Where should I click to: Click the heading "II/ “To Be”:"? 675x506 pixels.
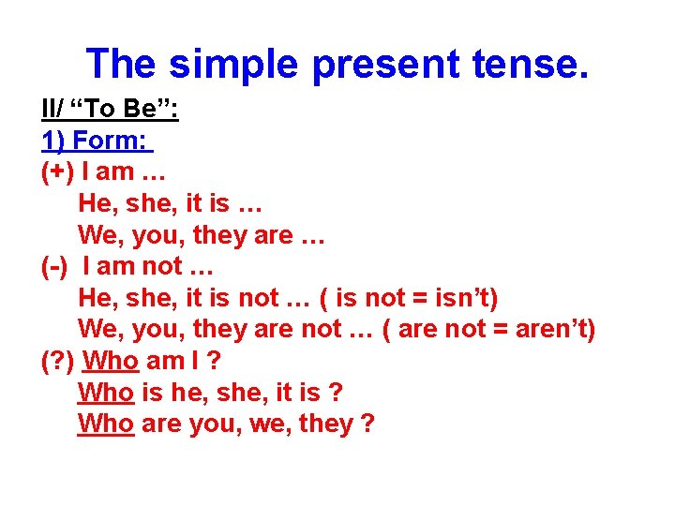tap(111, 110)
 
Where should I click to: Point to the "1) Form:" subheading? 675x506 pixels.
tap(96, 141)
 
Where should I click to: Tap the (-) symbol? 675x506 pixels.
tap(54, 266)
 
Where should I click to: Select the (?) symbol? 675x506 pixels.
tap(56, 361)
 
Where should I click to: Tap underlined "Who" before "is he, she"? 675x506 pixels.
tap(106, 393)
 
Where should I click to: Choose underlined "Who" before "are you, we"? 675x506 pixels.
tap(106, 424)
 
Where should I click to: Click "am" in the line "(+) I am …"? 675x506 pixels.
tap(115, 172)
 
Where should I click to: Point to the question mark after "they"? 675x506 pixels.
tap(367, 424)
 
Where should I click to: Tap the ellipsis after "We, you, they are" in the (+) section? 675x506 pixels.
tap(313, 235)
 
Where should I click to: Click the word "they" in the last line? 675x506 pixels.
tap(325, 424)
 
